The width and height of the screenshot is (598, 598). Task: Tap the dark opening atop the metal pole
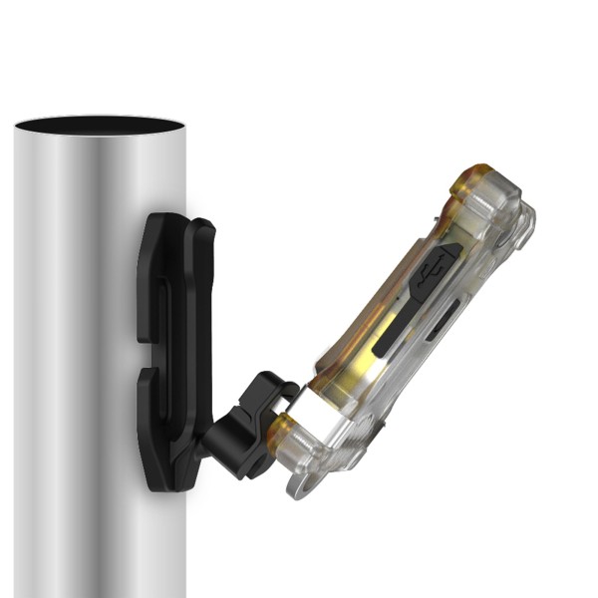pos(100,126)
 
